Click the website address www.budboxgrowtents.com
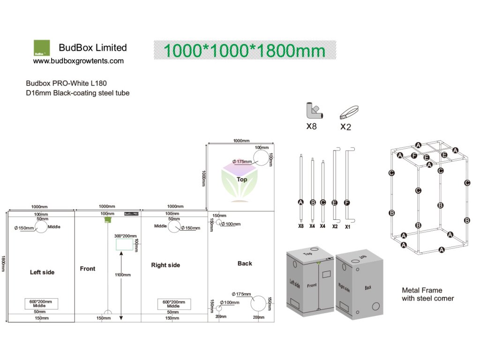[x=78, y=61]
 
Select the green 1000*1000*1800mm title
[x=244, y=50]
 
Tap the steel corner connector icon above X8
[x=312, y=111]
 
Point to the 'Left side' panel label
[x=42, y=272]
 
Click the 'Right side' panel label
[x=165, y=265]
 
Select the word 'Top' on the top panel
[x=242, y=180]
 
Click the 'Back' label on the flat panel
[x=245, y=263]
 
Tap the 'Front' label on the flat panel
[x=88, y=269]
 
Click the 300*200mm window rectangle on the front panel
[x=125, y=244]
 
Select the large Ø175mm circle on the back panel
[x=259, y=303]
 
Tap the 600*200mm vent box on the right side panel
[x=174, y=304]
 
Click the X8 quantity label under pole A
[x=301, y=226]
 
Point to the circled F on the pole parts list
[x=347, y=202]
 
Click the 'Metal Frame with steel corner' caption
[x=427, y=294]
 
